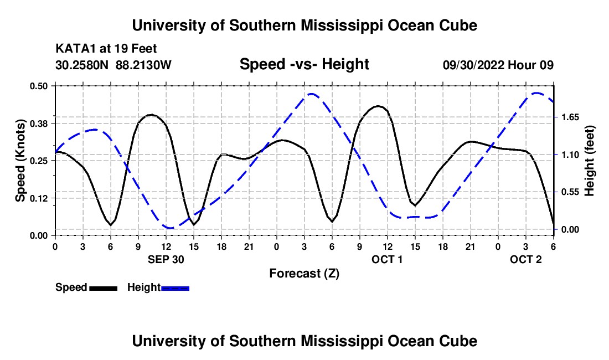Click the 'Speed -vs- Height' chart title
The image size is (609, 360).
(x=304, y=64)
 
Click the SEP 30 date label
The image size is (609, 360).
(x=166, y=259)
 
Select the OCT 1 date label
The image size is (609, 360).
(x=387, y=259)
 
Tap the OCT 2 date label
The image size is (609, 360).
(x=526, y=259)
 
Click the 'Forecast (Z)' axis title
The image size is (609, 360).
(x=304, y=273)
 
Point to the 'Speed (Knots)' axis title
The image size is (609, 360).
(x=20, y=161)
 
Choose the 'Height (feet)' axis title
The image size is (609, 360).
(x=589, y=161)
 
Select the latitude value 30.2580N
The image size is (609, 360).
(x=83, y=65)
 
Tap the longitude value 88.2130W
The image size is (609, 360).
(x=144, y=65)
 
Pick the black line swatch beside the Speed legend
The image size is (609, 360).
(x=104, y=287)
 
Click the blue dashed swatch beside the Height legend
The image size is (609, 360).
(x=176, y=287)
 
